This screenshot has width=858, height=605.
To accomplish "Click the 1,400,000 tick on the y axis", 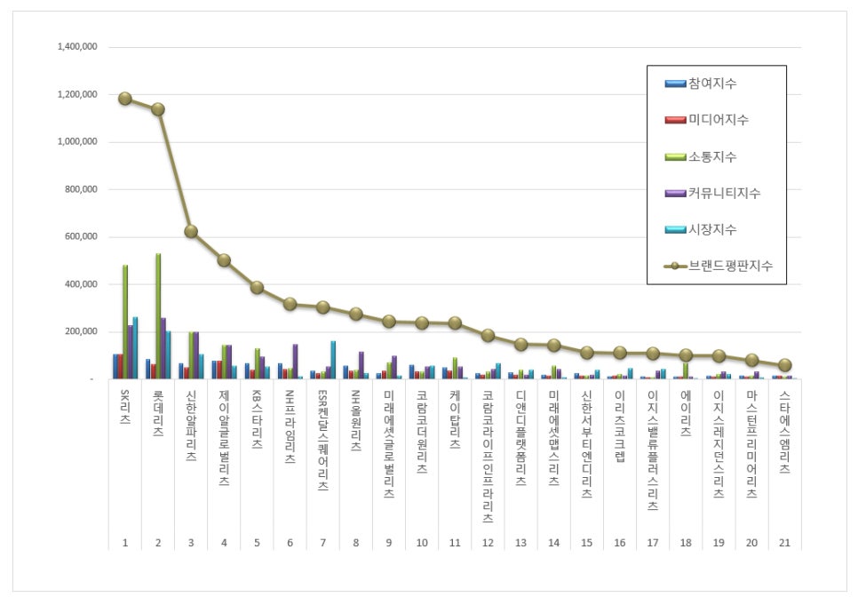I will pyautogui.click(x=77, y=47).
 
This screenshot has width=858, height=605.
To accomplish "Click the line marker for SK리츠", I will pyautogui.click(x=125, y=99).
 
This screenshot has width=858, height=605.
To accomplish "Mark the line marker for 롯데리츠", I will pyautogui.click(x=157, y=109).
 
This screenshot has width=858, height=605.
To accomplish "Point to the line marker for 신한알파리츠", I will pyautogui.click(x=190, y=231).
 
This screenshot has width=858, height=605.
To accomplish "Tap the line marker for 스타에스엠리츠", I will pyautogui.click(x=783, y=365).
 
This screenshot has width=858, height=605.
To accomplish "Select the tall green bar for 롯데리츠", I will pyautogui.click(x=158, y=316).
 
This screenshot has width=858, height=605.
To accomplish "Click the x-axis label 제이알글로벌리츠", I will pyautogui.click(x=223, y=435).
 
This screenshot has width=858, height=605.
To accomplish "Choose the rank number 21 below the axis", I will pyautogui.click(x=783, y=541).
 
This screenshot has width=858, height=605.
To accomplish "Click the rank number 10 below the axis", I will pyautogui.click(x=422, y=541).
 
